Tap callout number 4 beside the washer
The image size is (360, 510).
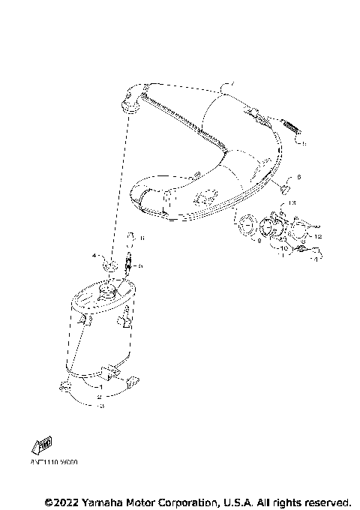[x=95, y=256]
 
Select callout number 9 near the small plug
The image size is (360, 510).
[x=299, y=178]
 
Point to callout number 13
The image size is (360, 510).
[x=292, y=203]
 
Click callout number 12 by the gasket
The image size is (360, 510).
[x=318, y=237]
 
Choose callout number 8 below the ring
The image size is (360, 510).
[x=259, y=241]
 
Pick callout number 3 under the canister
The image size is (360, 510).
[x=102, y=406]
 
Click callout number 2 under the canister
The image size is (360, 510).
[x=98, y=396]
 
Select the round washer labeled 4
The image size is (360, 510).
[x=109, y=265]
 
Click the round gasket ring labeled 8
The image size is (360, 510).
[x=244, y=223]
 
